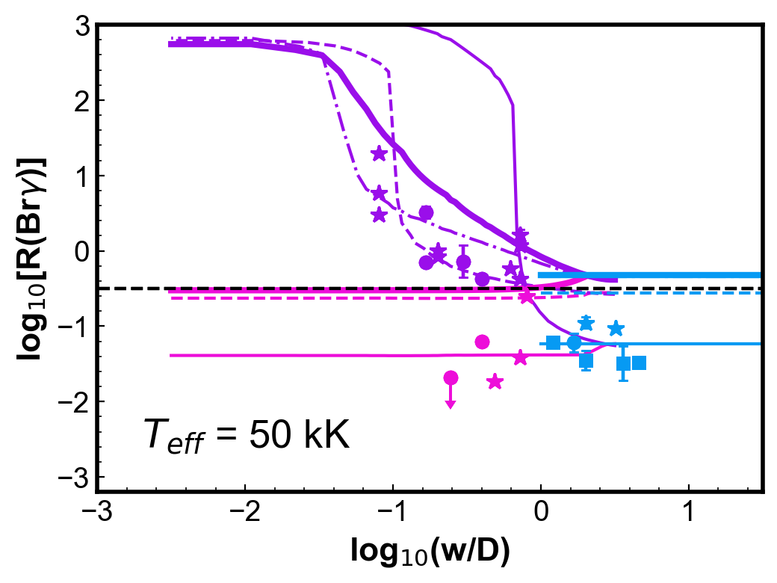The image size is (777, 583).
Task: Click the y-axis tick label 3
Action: (x=82, y=25)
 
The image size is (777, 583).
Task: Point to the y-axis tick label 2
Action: (x=82, y=101)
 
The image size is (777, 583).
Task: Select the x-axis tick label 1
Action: (x=689, y=511)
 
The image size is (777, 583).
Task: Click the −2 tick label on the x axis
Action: (x=245, y=511)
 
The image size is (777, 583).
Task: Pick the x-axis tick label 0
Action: (x=541, y=511)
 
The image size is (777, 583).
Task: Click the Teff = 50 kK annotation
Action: (x=247, y=435)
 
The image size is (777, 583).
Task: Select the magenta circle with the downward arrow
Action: (x=451, y=378)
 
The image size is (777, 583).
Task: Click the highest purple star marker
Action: (x=379, y=154)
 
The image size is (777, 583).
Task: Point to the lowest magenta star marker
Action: (x=495, y=382)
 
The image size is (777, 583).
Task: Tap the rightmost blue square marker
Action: (x=640, y=363)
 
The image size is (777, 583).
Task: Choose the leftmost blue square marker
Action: (x=553, y=342)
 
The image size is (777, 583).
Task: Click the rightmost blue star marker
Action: (x=616, y=328)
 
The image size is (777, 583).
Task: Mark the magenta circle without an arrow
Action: (x=482, y=342)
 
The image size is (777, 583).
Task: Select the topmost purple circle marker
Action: (x=426, y=213)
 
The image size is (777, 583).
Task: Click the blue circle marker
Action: (x=574, y=342)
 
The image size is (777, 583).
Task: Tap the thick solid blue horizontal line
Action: (x=649, y=275)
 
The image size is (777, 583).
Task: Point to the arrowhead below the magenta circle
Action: (x=451, y=405)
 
